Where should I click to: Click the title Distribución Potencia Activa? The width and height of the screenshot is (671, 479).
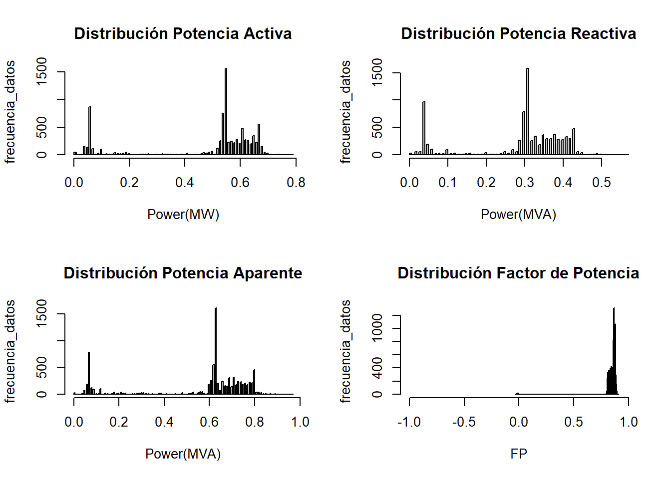(183, 33)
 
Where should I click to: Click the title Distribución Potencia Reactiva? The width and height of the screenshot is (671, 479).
(518, 33)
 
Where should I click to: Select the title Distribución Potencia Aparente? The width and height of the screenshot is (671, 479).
(183, 273)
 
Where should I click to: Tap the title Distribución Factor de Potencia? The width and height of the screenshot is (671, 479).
(518, 273)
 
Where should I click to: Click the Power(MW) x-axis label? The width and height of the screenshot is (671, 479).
(183, 214)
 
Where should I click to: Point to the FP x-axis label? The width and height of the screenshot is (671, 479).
(519, 454)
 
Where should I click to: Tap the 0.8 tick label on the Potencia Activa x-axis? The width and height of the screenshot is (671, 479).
(296, 183)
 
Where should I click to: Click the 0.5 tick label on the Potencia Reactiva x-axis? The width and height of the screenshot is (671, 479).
(602, 183)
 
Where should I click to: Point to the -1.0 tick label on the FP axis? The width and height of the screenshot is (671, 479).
(409, 422)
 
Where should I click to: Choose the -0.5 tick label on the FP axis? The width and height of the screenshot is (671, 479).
(464, 422)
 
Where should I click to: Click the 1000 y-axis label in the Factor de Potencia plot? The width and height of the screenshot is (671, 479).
(377, 328)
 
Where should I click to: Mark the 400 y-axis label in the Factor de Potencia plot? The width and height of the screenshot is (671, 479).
(377, 368)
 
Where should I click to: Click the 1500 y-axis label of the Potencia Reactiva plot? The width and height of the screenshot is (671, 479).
(377, 72)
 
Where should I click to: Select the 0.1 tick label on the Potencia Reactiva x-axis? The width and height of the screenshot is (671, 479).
(448, 183)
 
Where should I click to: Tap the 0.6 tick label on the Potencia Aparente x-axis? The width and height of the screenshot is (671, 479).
(209, 422)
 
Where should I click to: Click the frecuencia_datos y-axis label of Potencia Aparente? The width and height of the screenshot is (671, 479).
(10, 351)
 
